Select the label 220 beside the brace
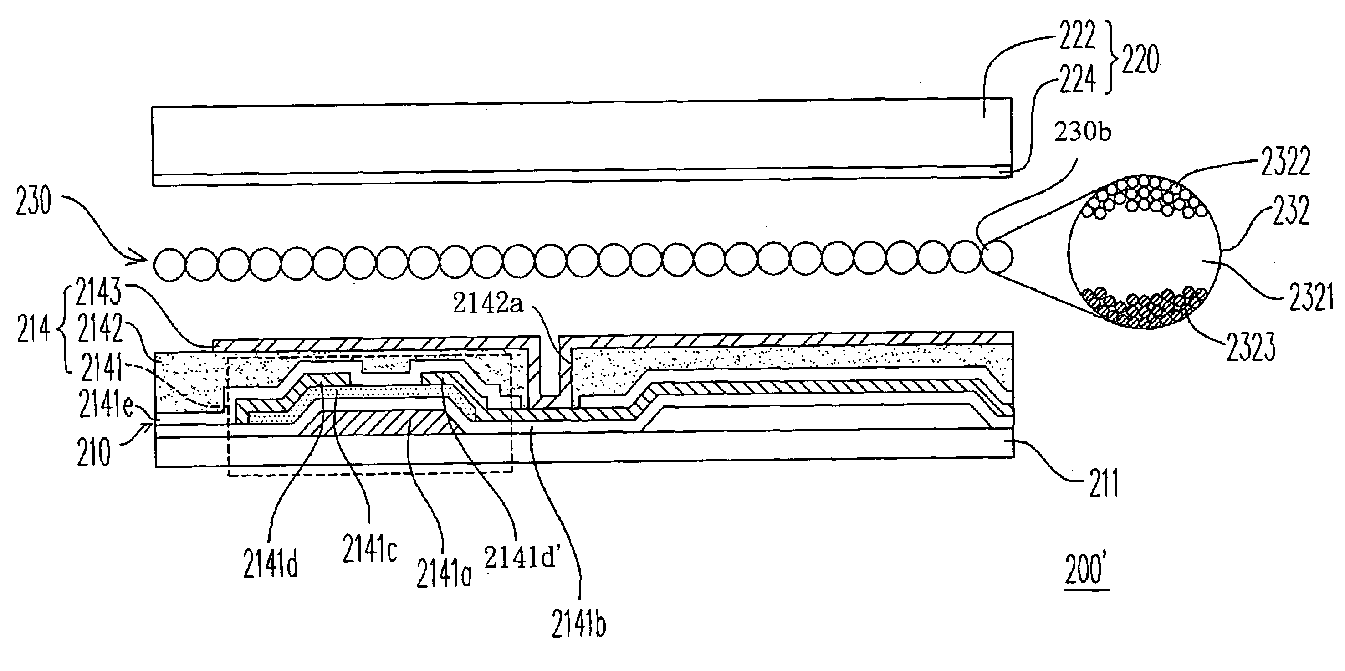(1141, 59)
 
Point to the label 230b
(1082, 132)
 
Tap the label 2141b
(578, 624)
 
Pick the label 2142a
(488, 303)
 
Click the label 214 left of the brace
(33, 329)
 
